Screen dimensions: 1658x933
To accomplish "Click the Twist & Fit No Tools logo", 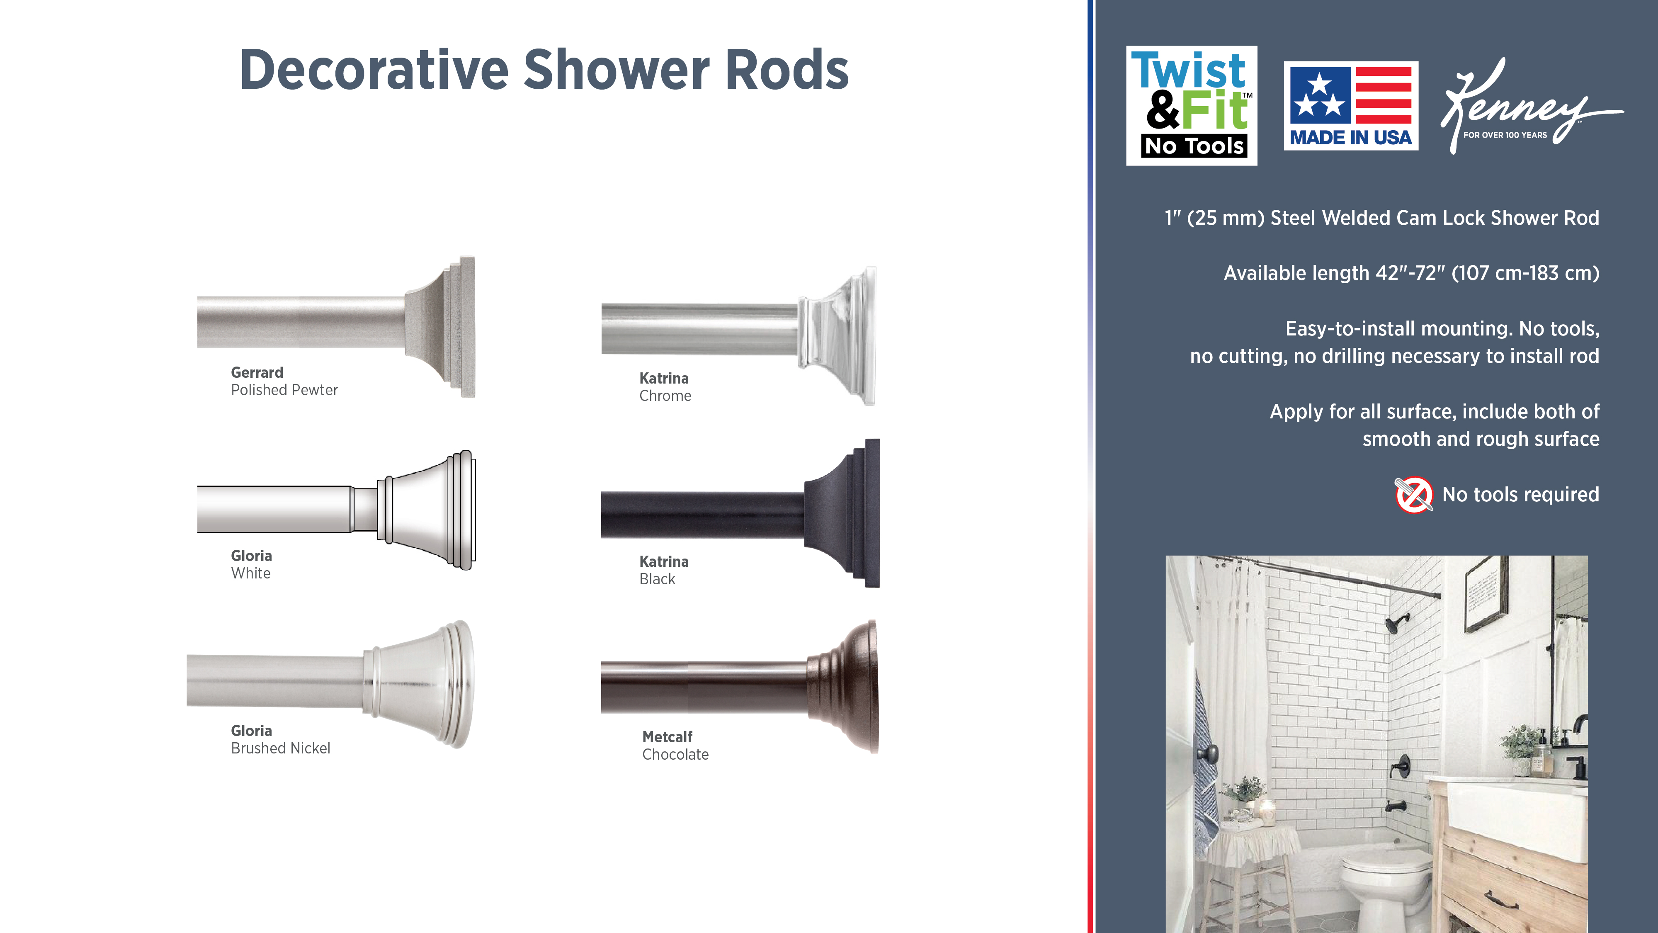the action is pos(1192,106).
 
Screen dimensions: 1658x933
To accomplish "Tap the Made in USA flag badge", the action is pos(1351,106).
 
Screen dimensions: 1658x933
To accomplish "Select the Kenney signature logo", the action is pos(1531,106).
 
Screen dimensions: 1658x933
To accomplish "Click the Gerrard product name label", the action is pos(257,372).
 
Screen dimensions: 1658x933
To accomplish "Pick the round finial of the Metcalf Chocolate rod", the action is pos(842,686).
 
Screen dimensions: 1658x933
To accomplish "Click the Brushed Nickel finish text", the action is pos(281,748).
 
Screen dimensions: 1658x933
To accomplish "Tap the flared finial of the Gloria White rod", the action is pos(427,510).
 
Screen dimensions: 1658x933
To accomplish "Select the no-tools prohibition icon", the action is pos(1413,495).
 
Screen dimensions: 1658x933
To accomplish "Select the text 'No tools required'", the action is pos(1520,495).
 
